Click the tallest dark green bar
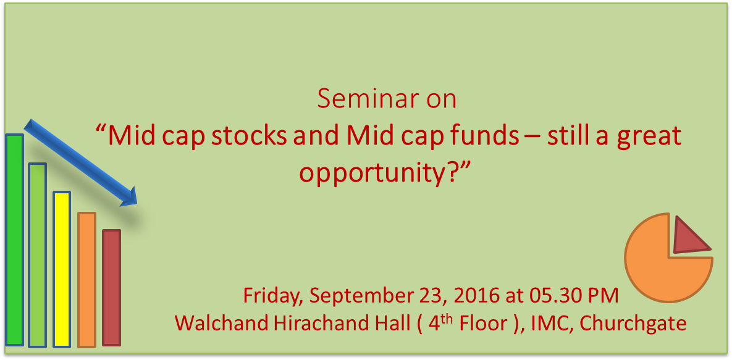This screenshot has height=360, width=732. pyautogui.click(x=14, y=240)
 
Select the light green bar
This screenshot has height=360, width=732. pyautogui.click(x=37, y=255)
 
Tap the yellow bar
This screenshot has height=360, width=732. pyautogui.click(x=62, y=269)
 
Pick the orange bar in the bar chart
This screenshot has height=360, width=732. pyautogui.click(x=87, y=280)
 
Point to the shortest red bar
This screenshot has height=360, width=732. pyautogui.click(x=112, y=288)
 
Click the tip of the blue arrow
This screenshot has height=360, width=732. pyautogui.click(x=137, y=204)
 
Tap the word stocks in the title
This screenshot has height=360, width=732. pyautogui.click(x=249, y=137)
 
